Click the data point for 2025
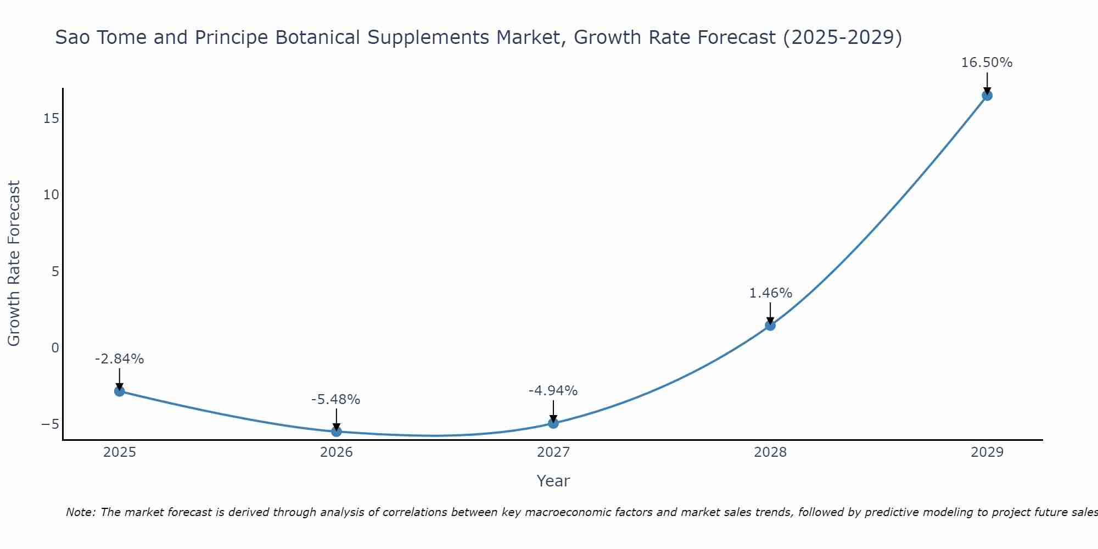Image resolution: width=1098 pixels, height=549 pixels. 119,391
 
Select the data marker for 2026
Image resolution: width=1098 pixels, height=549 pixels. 336,432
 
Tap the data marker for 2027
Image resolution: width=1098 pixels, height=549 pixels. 553,423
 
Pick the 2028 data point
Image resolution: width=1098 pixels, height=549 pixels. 770,325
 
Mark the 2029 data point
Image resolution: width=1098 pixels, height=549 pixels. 987,96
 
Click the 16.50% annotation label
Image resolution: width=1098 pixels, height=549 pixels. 987,63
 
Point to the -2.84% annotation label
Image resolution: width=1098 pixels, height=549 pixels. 119,359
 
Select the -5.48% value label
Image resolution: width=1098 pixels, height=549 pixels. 335,400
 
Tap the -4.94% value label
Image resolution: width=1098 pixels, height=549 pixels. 553,391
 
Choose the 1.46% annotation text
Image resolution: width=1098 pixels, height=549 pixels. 770,293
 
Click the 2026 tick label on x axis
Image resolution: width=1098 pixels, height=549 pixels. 336,452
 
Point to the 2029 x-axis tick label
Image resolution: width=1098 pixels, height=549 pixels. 987,452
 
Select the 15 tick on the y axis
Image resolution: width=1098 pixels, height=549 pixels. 52,119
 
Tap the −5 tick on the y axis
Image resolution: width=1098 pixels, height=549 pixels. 50,424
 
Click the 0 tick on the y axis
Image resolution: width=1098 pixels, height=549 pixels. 55,348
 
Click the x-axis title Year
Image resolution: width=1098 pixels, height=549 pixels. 553,481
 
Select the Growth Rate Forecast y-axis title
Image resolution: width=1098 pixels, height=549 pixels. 14,264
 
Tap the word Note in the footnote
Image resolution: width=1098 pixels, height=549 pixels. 80,512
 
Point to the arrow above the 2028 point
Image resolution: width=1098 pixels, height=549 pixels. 770,313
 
